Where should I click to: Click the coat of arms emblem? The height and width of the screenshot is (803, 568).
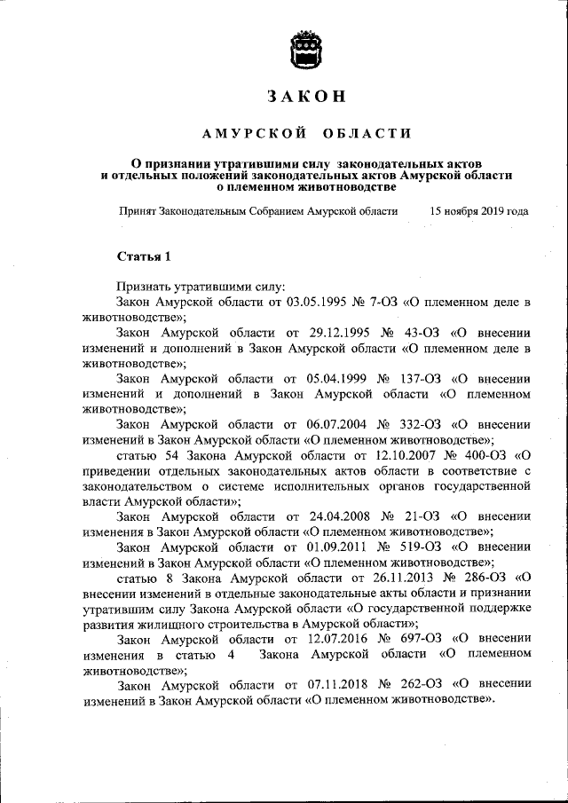[x=306, y=49]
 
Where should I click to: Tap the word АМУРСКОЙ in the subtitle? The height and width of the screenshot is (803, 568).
[x=254, y=133]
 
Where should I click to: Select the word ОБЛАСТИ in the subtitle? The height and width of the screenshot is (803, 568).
[x=367, y=133]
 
